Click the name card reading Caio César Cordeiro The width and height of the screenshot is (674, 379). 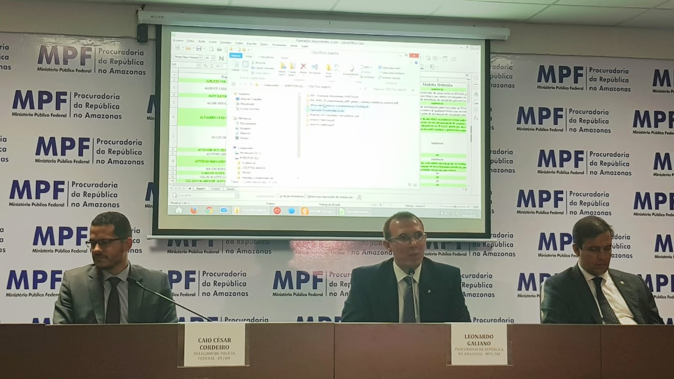214,344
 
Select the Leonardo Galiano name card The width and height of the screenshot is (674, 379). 479,344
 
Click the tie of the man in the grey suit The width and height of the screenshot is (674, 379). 113,301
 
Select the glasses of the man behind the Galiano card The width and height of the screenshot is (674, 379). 406,238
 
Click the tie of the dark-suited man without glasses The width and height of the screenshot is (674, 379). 605,300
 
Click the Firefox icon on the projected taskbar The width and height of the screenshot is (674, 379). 194,210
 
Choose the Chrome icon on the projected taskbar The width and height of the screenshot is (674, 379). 209,210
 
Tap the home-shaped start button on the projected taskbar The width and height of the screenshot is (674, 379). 179,210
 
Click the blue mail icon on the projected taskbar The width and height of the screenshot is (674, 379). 224,210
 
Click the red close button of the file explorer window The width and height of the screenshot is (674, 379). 414,55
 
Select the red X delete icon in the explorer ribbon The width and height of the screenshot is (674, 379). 303,66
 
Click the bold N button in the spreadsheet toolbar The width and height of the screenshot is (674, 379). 221,58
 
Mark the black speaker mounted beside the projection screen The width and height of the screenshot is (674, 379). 142,33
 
